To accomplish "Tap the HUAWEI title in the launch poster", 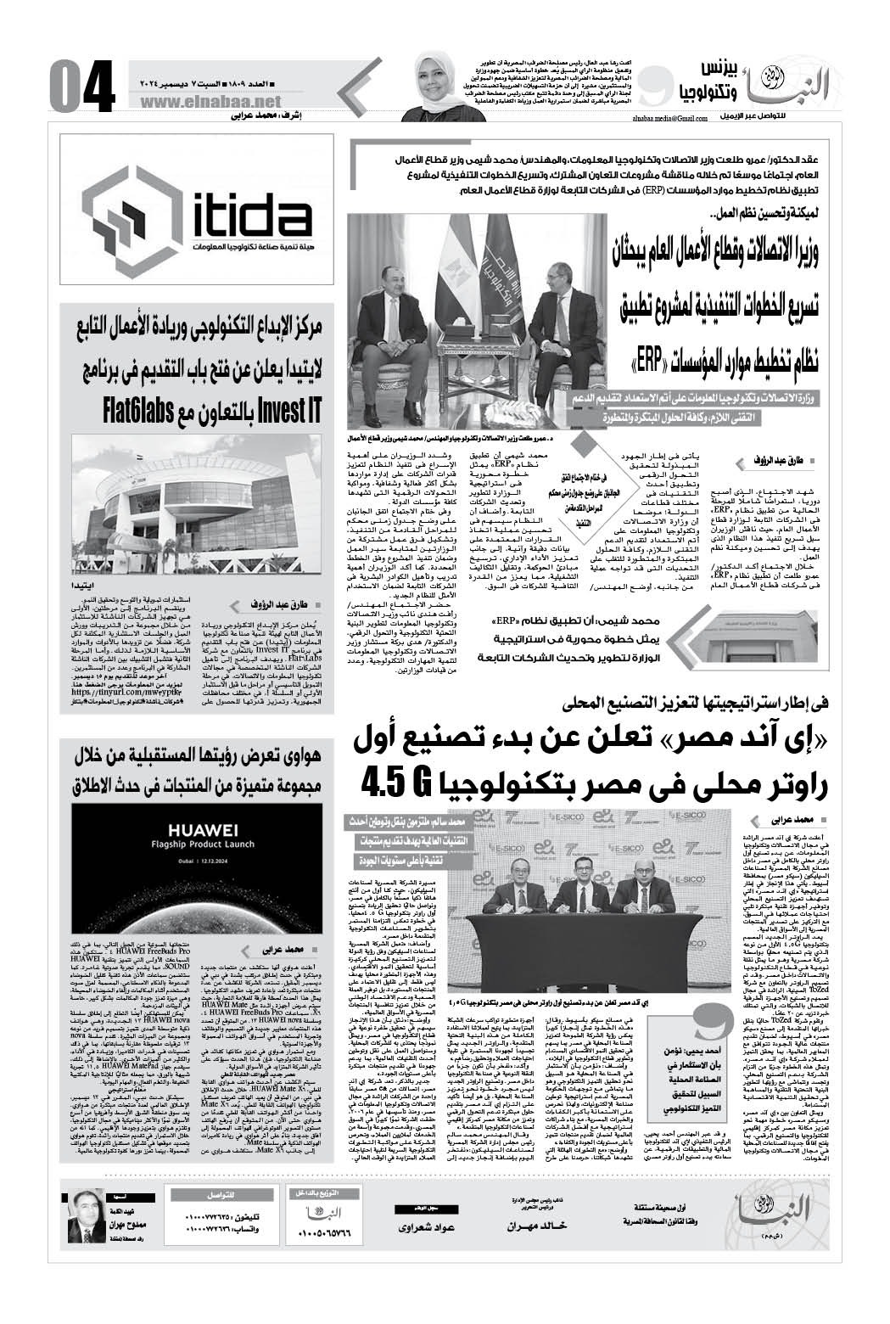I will click(190, 829).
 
